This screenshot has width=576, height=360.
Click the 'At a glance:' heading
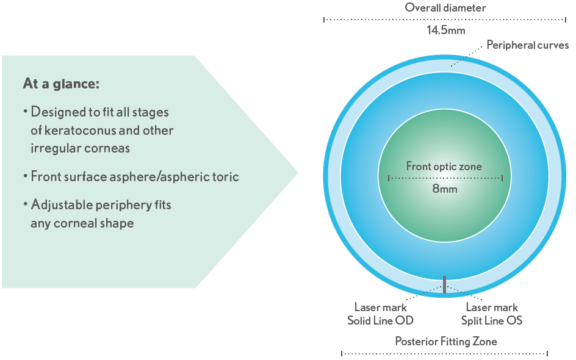coord(61,84)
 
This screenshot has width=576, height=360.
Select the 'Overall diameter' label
coord(445,8)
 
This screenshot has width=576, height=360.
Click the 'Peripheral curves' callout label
coord(527,46)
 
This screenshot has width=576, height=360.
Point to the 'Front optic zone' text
coord(444,167)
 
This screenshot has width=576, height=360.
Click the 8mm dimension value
coord(445,189)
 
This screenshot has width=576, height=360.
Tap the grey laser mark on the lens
coord(445,284)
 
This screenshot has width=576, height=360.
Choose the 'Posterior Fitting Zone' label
coord(445,341)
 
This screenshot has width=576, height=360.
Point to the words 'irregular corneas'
coord(80,148)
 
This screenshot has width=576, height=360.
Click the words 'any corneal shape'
coord(82,223)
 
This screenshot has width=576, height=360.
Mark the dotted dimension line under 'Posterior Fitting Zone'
coord(445,354)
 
